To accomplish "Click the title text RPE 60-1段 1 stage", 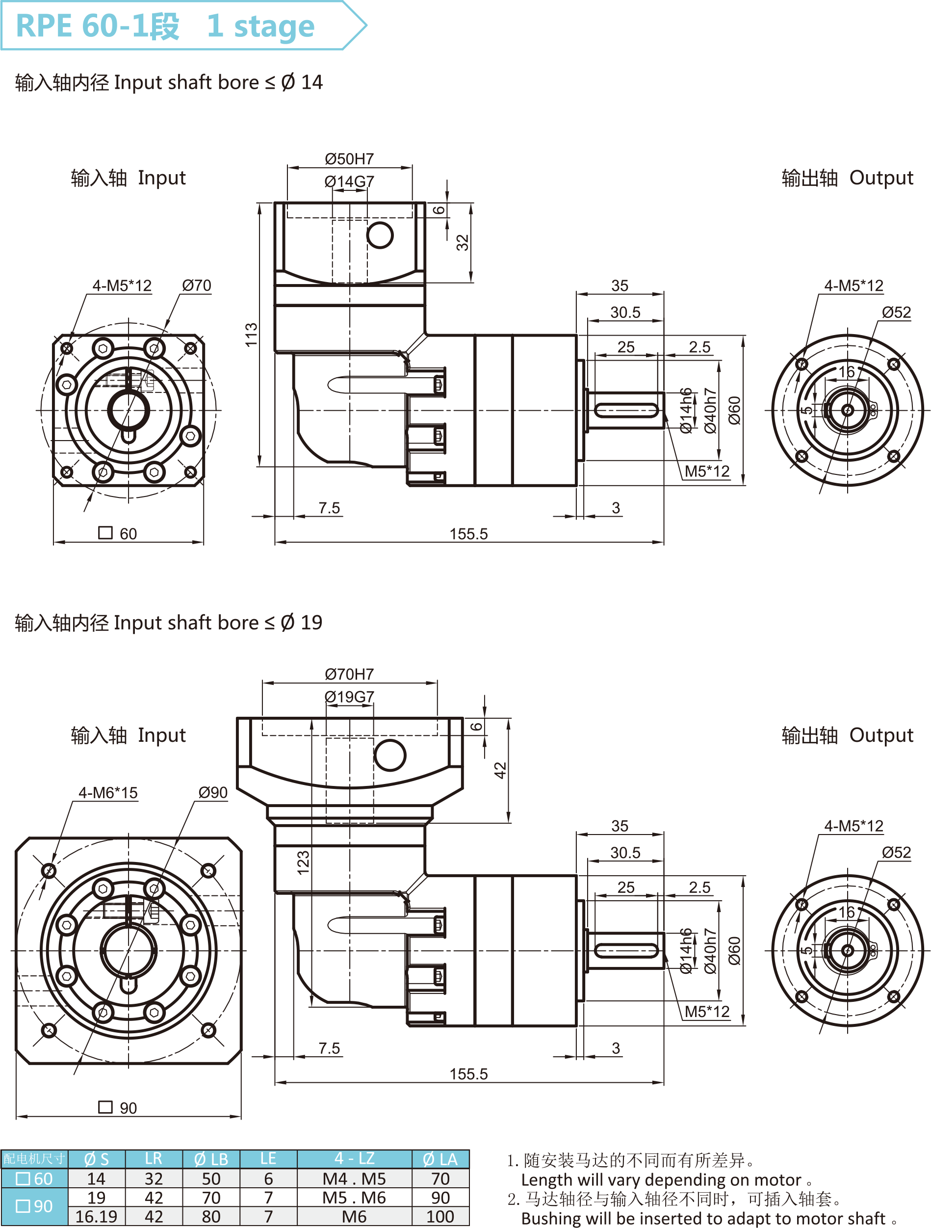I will pyautogui.click(x=165, y=26).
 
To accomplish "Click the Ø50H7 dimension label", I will pyautogui.click(x=349, y=159).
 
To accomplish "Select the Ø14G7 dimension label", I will pyautogui.click(x=349, y=182).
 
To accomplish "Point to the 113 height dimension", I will pyautogui.click(x=252, y=335).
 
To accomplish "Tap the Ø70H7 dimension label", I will pyautogui.click(x=349, y=674).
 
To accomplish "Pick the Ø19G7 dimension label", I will pyautogui.click(x=349, y=696).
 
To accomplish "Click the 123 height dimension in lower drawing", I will pyautogui.click(x=303, y=862).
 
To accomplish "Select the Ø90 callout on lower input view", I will pyautogui.click(x=213, y=792).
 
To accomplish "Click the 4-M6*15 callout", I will pyautogui.click(x=108, y=792).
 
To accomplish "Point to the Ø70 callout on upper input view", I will pyautogui.click(x=197, y=286).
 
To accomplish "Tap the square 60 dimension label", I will pyautogui.click(x=118, y=533).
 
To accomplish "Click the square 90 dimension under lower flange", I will pyautogui.click(x=118, y=1107).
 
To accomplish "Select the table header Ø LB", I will pyautogui.click(x=211, y=1159).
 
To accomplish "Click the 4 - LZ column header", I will pyautogui.click(x=354, y=1159).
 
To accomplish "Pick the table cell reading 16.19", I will pyautogui.click(x=96, y=1216).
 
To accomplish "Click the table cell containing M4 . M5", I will pyautogui.click(x=354, y=1178).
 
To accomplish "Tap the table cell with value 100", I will pyautogui.click(x=440, y=1216).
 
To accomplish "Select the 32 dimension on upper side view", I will pyautogui.click(x=463, y=242).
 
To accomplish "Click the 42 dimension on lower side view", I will pyautogui.click(x=500, y=771).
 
